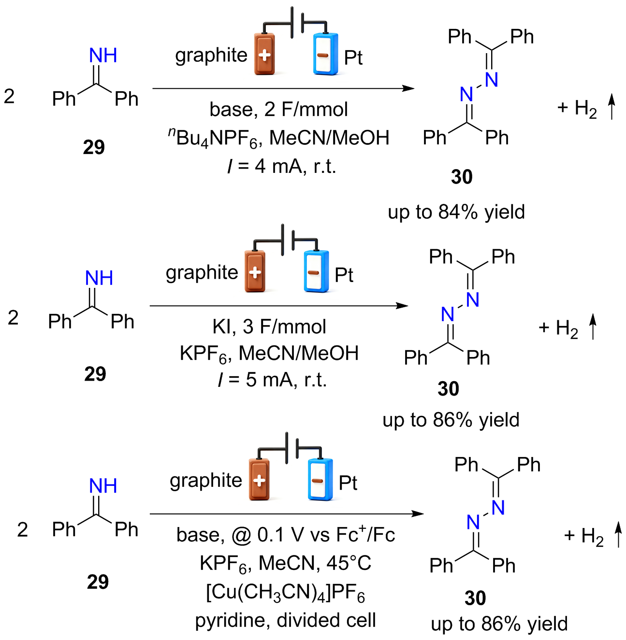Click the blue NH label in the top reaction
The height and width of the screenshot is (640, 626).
click(x=103, y=55)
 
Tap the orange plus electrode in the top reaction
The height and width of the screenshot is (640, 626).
click(x=264, y=54)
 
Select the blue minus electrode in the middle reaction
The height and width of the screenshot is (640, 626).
click(x=316, y=271)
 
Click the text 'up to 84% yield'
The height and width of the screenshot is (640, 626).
click(x=456, y=213)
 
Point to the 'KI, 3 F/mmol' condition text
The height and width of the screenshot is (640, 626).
click(x=269, y=327)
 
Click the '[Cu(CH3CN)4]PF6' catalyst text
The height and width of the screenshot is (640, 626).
click(x=285, y=593)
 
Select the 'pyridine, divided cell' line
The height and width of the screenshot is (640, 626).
click(x=285, y=620)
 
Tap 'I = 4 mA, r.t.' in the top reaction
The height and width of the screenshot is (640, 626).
click(x=282, y=166)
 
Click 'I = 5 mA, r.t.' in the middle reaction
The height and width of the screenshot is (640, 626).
click(x=273, y=380)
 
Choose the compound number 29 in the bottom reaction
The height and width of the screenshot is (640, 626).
click(x=98, y=582)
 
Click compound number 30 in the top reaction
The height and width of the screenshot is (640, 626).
click(x=462, y=177)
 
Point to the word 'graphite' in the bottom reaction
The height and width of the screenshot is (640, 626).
click(x=206, y=481)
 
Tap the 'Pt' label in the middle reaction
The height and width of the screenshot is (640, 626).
click(x=344, y=275)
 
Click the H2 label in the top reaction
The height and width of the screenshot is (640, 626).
click(x=585, y=109)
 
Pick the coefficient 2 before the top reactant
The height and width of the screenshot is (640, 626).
click(x=9, y=97)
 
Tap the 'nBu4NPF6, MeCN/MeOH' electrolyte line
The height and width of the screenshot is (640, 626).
click(x=278, y=138)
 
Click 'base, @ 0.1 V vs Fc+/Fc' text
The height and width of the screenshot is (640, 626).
click(x=285, y=535)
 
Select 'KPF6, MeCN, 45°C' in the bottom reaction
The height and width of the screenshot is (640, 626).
click(x=285, y=564)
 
